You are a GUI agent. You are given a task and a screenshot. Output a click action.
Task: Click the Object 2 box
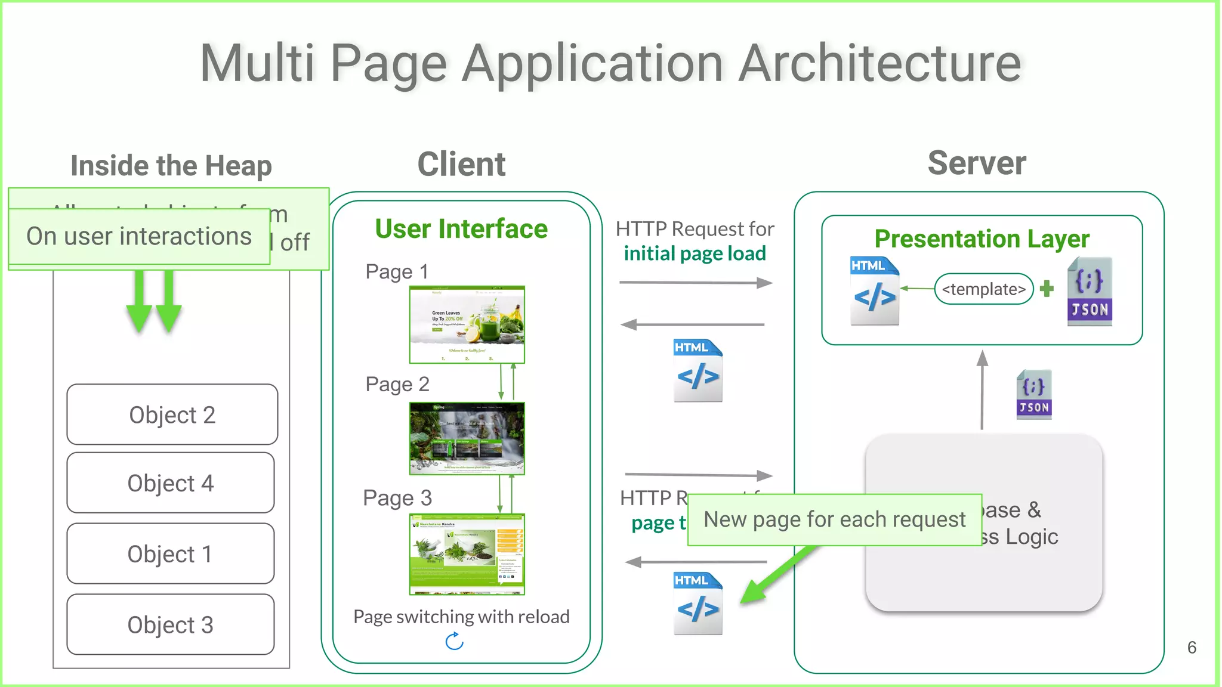[x=172, y=414]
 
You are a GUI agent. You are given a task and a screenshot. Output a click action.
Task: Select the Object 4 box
[x=171, y=483]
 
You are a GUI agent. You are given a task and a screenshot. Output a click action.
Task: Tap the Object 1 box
[x=171, y=554]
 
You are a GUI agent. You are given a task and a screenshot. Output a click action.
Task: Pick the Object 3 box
[x=171, y=624]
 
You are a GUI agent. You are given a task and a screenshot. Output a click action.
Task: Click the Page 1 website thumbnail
[x=467, y=324]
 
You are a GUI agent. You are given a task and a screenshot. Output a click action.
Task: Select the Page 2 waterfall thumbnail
[x=467, y=438]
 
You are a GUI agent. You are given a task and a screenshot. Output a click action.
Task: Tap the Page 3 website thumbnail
[x=467, y=554]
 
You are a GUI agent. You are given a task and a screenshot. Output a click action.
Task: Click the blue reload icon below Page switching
[x=455, y=642]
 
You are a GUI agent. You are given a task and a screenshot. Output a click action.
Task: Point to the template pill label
[x=983, y=289]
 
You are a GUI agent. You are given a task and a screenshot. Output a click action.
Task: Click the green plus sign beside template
[x=1047, y=289]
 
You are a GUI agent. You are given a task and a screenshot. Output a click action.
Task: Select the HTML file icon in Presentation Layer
[x=874, y=290]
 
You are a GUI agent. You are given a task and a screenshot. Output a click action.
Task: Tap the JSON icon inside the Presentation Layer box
[x=1090, y=292]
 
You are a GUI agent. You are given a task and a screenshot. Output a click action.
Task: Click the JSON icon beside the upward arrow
[x=1034, y=394]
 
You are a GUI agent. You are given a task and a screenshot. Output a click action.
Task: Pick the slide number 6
[x=1192, y=648]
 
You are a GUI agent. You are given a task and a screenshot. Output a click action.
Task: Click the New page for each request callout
[x=834, y=519]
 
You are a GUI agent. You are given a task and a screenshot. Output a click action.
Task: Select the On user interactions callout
[x=139, y=236]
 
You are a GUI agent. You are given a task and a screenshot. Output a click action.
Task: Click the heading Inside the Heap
[x=171, y=166]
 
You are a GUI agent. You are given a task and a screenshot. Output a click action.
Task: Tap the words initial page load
[x=695, y=253]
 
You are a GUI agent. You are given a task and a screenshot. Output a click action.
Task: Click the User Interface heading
[x=461, y=229]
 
